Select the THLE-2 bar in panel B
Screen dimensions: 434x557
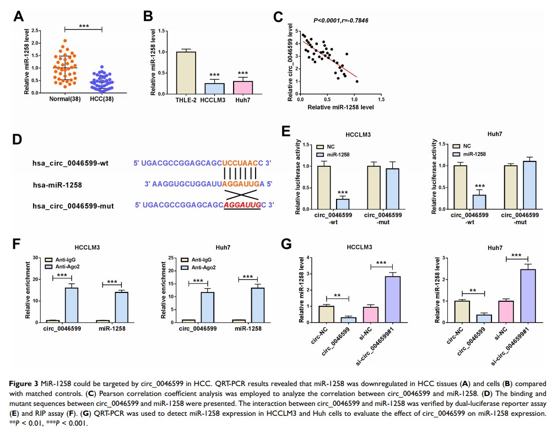186,73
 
